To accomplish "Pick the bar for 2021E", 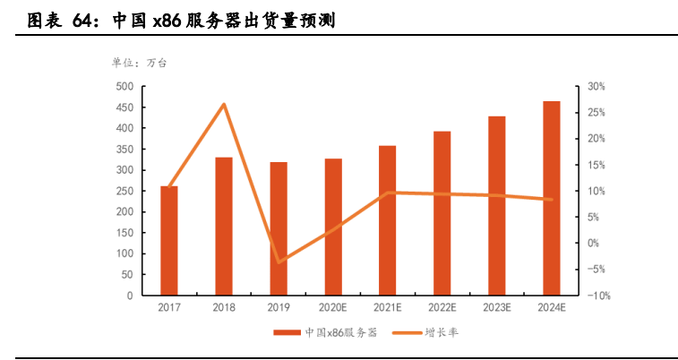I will [x=388, y=220].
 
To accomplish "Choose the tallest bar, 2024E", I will [x=552, y=198].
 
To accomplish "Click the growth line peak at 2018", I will [x=224, y=105].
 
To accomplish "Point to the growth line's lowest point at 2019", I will [x=279, y=262].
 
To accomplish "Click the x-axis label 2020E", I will [x=333, y=307].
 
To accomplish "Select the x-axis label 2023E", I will [x=497, y=307].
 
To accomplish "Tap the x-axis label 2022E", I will [x=442, y=307].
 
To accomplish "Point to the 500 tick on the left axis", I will [x=124, y=87].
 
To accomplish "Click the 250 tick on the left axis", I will [x=124, y=191].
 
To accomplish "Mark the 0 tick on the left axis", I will [x=130, y=296].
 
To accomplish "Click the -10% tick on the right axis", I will [x=599, y=296].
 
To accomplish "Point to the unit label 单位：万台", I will [x=139, y=63].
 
